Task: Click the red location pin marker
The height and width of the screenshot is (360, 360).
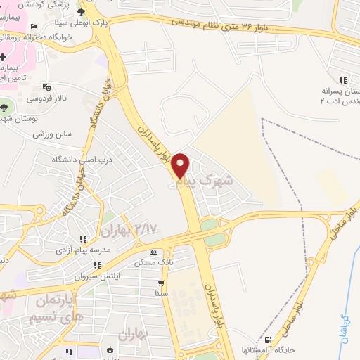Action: [181, 165]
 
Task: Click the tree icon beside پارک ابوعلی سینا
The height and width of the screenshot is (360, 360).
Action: [83, 13]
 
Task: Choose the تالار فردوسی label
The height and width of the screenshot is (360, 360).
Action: [72, 98]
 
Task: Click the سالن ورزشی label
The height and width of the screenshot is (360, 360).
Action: [53, 133]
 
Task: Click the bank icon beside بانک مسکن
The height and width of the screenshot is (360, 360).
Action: [153, 252]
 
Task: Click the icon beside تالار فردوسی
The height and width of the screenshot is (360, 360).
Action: [47, 87]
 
